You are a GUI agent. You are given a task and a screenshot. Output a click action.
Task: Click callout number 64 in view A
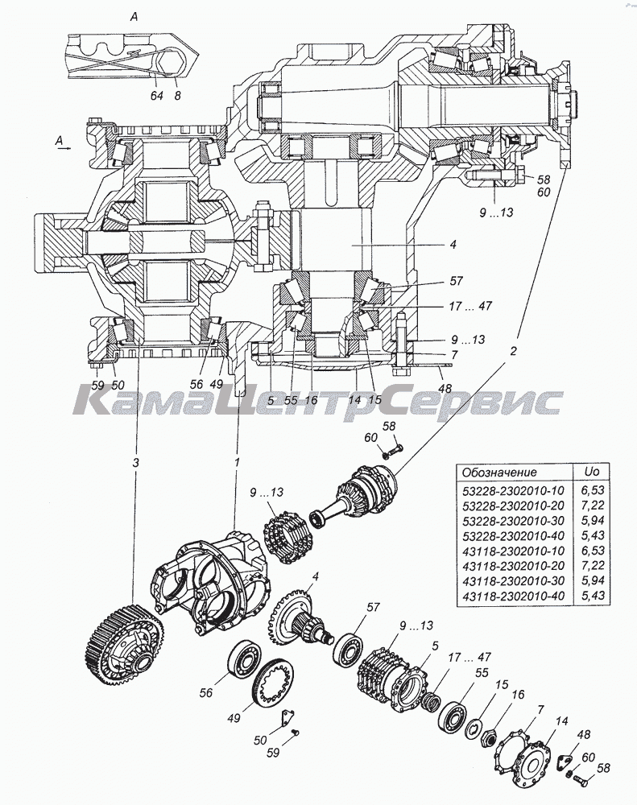point(155,95)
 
